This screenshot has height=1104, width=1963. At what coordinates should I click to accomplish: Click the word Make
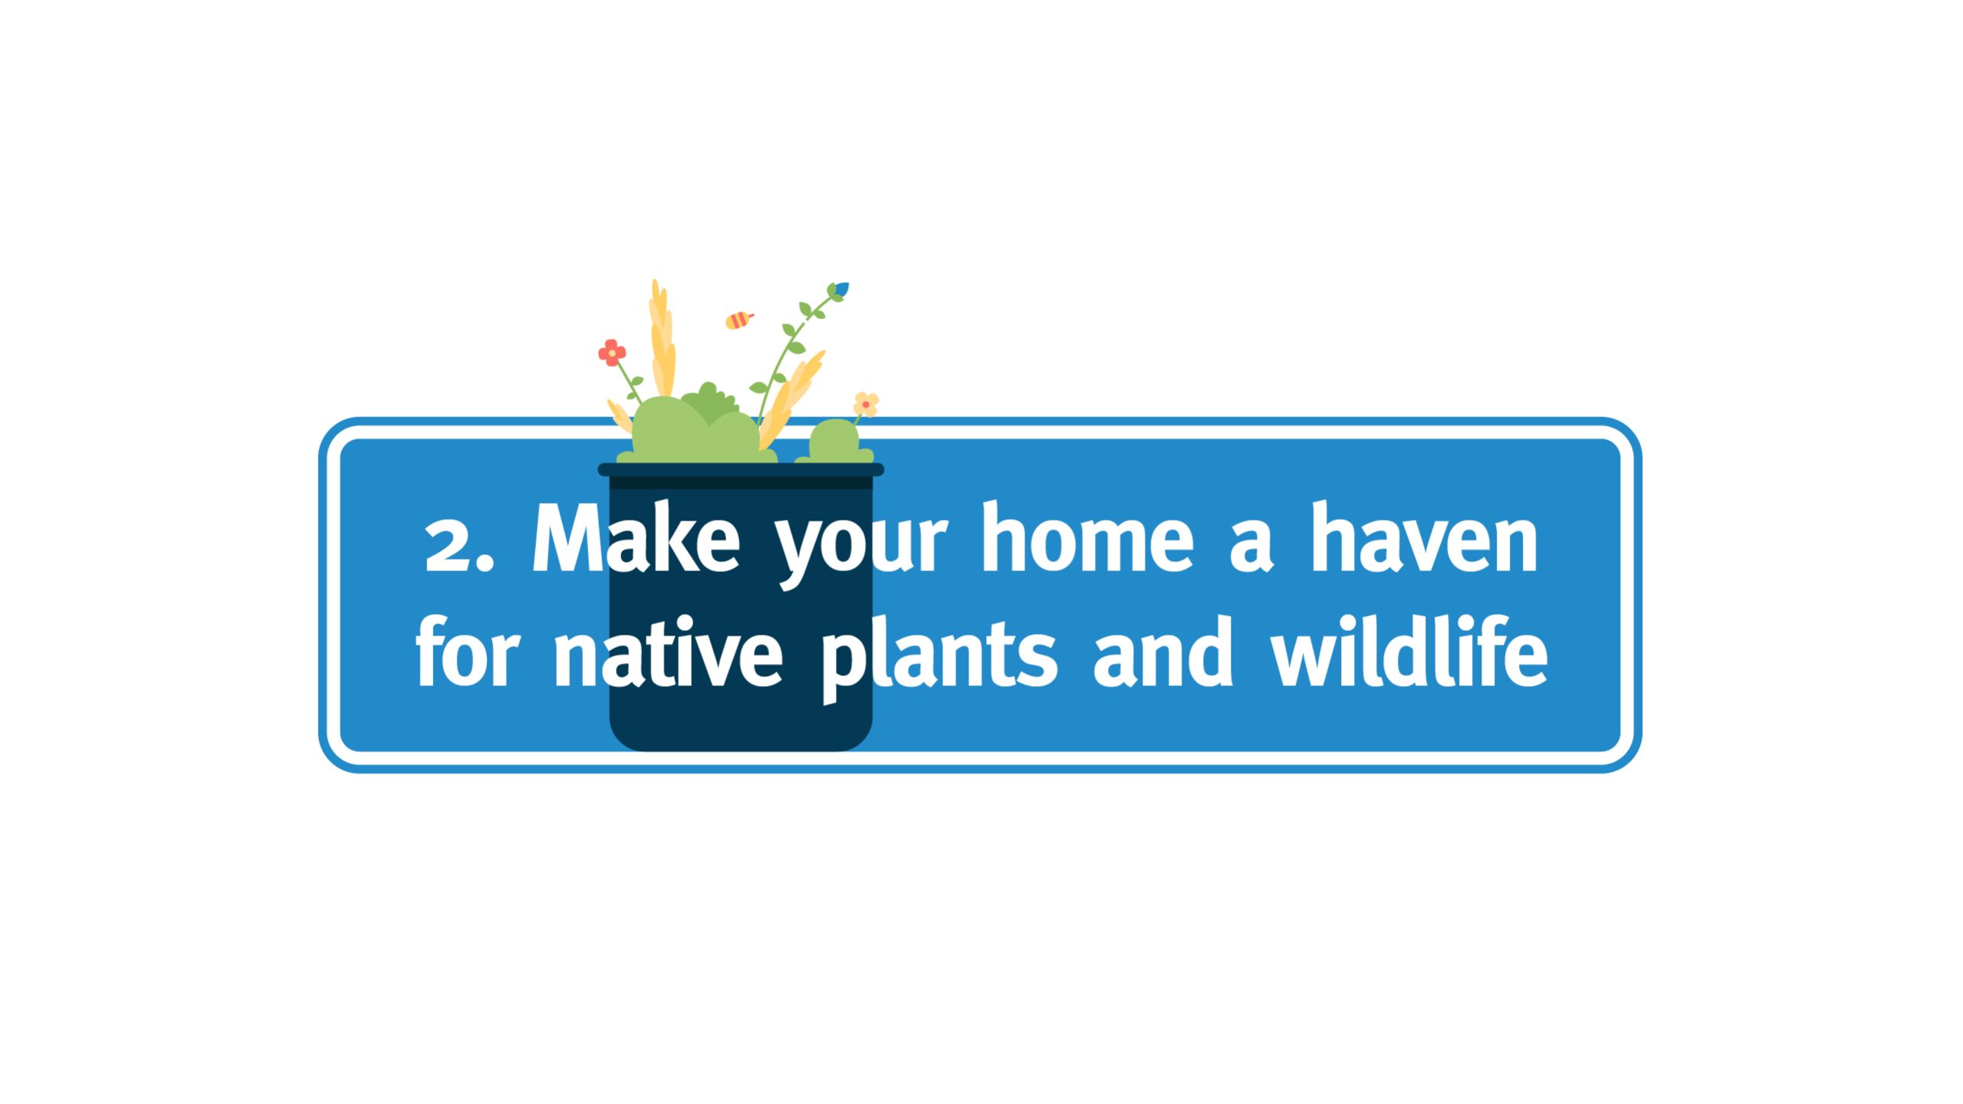click(x=635, y=538)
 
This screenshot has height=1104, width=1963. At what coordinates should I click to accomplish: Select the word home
click(x=1087, y=538)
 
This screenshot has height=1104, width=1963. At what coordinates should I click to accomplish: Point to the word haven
click(x=1424, y=538)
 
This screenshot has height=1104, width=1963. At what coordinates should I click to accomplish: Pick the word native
click(x=667, y=653)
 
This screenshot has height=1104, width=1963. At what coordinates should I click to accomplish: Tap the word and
click(x=1162, y=653)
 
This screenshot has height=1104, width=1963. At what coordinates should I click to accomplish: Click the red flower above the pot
click(x=612, y=353)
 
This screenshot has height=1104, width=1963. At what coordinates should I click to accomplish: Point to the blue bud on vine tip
click(x=842, y=289)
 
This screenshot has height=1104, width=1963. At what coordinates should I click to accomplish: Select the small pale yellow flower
click(x=866, y=404)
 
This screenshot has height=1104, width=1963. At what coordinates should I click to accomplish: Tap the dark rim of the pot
click(x=741, y=469)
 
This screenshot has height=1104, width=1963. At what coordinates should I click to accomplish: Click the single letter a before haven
click(x=1251, y=548)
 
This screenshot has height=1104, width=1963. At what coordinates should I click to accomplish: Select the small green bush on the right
click(x=834, y=443)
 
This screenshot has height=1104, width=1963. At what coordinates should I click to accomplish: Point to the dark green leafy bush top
click(x=709, y=402)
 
